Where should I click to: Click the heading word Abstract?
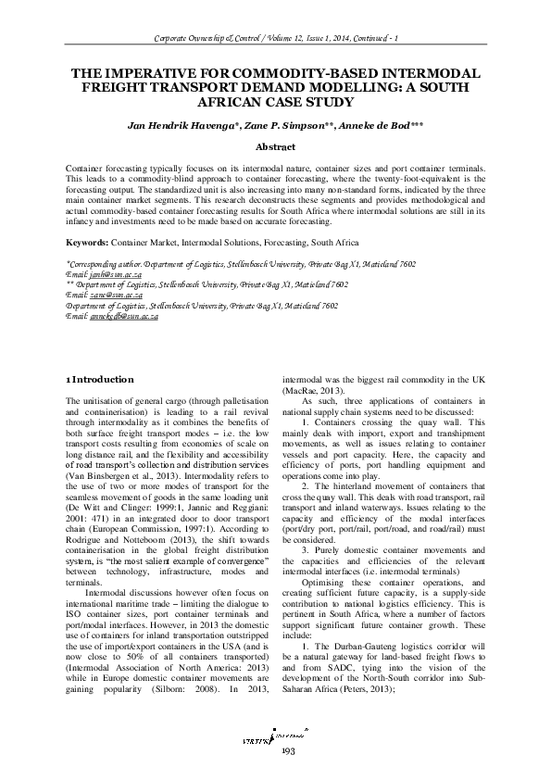coord(276,146)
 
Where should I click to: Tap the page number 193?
coord(275,751)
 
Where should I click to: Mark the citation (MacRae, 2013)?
coord(309,392)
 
